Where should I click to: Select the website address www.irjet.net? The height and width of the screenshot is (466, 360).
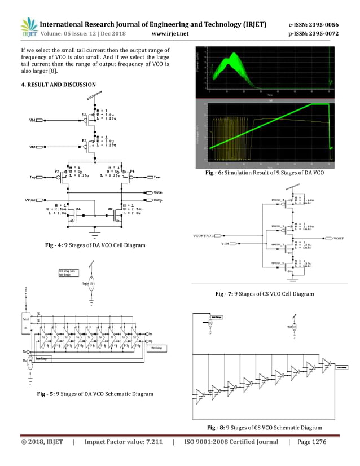pos(170,34)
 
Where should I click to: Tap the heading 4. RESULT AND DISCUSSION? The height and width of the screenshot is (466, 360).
pos(59,85)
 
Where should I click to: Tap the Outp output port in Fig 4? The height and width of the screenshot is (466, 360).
pos(158,200)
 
